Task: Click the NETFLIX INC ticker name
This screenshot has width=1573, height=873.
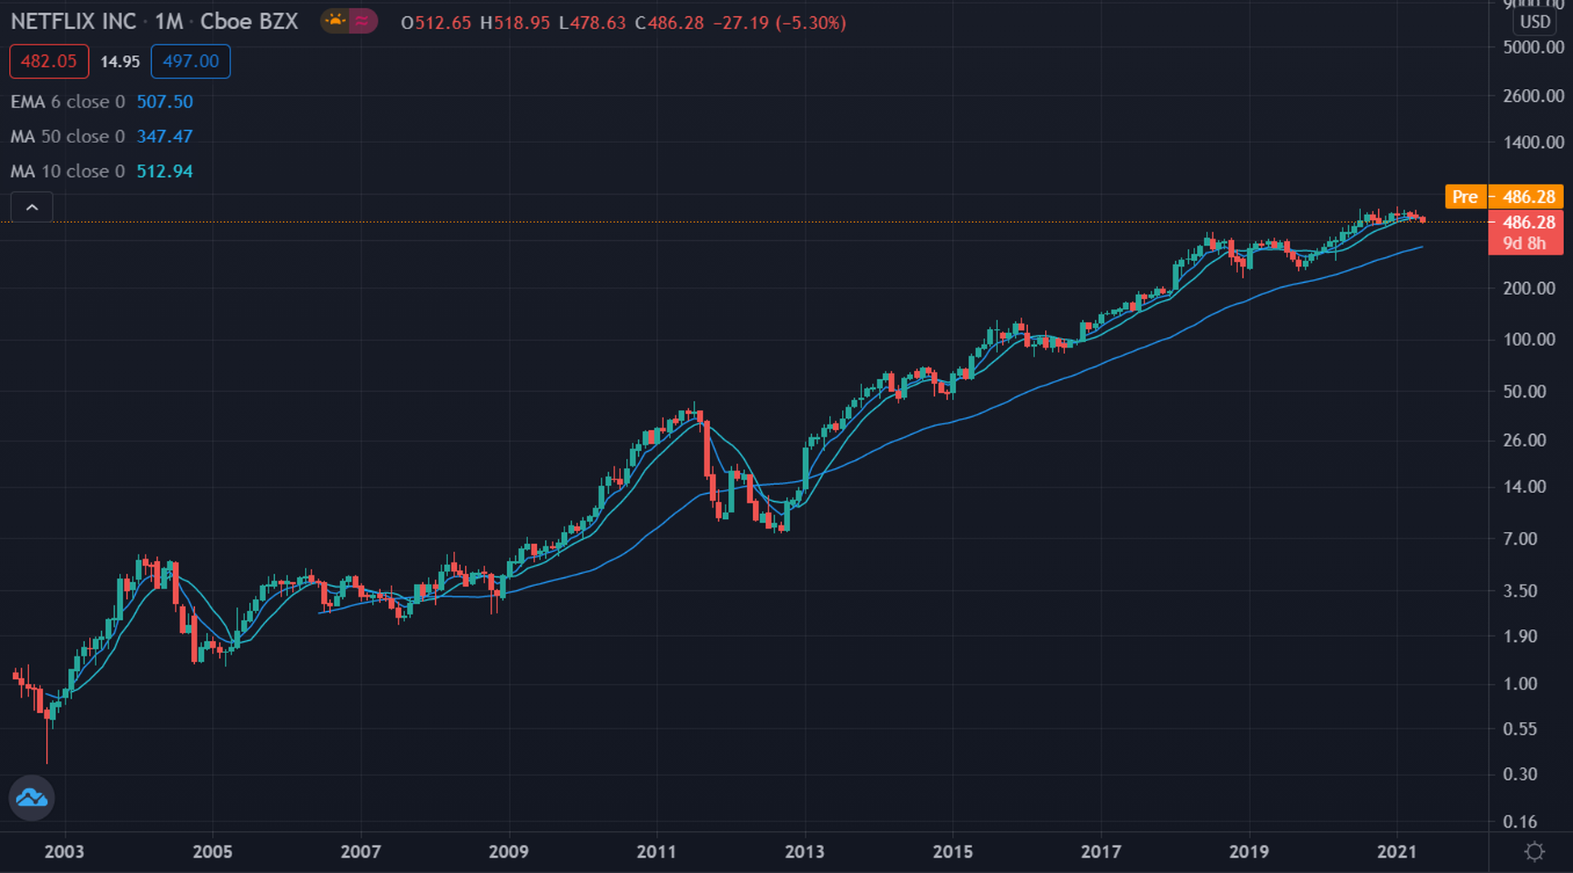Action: click(74, 22)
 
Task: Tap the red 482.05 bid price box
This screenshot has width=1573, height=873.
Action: click(49, 61)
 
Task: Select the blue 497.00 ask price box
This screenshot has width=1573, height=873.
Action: click(190, 61)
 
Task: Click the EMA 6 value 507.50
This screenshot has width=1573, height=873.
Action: click(164, 102)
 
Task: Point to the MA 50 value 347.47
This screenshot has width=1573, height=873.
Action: click(164, 137)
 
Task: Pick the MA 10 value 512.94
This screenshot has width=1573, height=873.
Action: click(164, 171)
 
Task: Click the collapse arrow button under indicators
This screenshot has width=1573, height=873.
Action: click(32, 208)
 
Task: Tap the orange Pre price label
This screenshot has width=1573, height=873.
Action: click(1465, 196)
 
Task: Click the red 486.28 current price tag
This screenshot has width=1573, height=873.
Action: click(1526, 223)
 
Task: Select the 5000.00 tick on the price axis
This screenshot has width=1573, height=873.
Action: click(1533, 48)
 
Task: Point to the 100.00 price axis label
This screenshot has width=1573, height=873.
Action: click(1529, 339)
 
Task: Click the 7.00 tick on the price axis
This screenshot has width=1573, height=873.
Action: click(1520, 539)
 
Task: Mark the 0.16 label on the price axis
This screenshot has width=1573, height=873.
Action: click(1520, 822)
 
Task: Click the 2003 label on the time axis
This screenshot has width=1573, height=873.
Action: click(64, 851)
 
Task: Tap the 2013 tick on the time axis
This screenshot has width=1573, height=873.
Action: click(805, 851)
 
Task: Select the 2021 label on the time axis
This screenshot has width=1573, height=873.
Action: click(1397, 851)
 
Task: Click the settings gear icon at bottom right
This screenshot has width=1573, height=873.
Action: click(1533, 851)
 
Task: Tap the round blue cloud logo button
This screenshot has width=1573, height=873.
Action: click(32, 798)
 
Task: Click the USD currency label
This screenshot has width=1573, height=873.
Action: click(1534, 22)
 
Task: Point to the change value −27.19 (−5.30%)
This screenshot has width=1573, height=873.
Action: click(779, 23)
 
